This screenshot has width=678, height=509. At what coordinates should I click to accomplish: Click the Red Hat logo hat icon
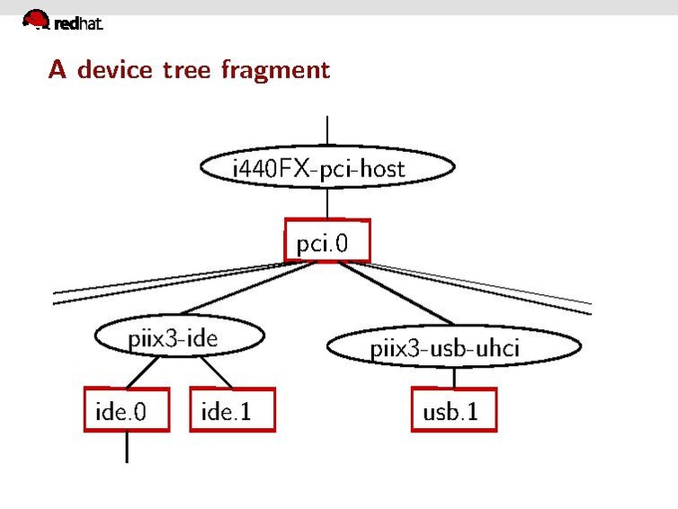point(36,18)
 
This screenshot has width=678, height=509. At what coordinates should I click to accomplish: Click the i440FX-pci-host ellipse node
point(327,168)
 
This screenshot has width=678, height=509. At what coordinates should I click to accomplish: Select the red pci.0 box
point(327,241)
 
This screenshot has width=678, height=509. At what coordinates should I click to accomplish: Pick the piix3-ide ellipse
point(180,339)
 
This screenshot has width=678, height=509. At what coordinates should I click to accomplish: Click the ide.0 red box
point(126,411)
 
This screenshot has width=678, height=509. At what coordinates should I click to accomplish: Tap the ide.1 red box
point(232,411)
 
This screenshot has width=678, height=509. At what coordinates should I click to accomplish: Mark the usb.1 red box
point(453,411)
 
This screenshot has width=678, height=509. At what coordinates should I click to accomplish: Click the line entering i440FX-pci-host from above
point(327,131)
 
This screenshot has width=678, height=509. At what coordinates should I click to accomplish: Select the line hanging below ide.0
point(126,447)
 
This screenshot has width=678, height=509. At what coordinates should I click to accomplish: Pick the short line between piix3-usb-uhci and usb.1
point(453,379)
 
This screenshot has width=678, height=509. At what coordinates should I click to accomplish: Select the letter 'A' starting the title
point(58,69)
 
